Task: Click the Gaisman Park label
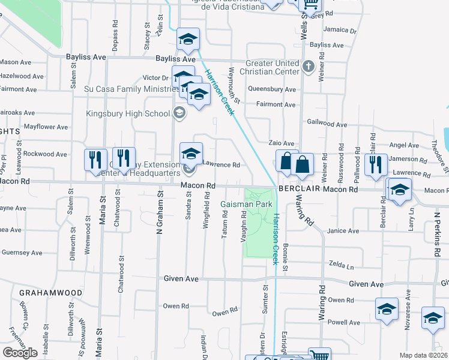pos(247,205)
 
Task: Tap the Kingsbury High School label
pos(128,113)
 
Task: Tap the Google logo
pos(20,353)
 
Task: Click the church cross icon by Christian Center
pos(309,65)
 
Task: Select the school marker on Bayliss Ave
pos(188,40)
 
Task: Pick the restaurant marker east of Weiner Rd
pos(375,163)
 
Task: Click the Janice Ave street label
pos(343,231)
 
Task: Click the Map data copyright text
pos(423,355)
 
